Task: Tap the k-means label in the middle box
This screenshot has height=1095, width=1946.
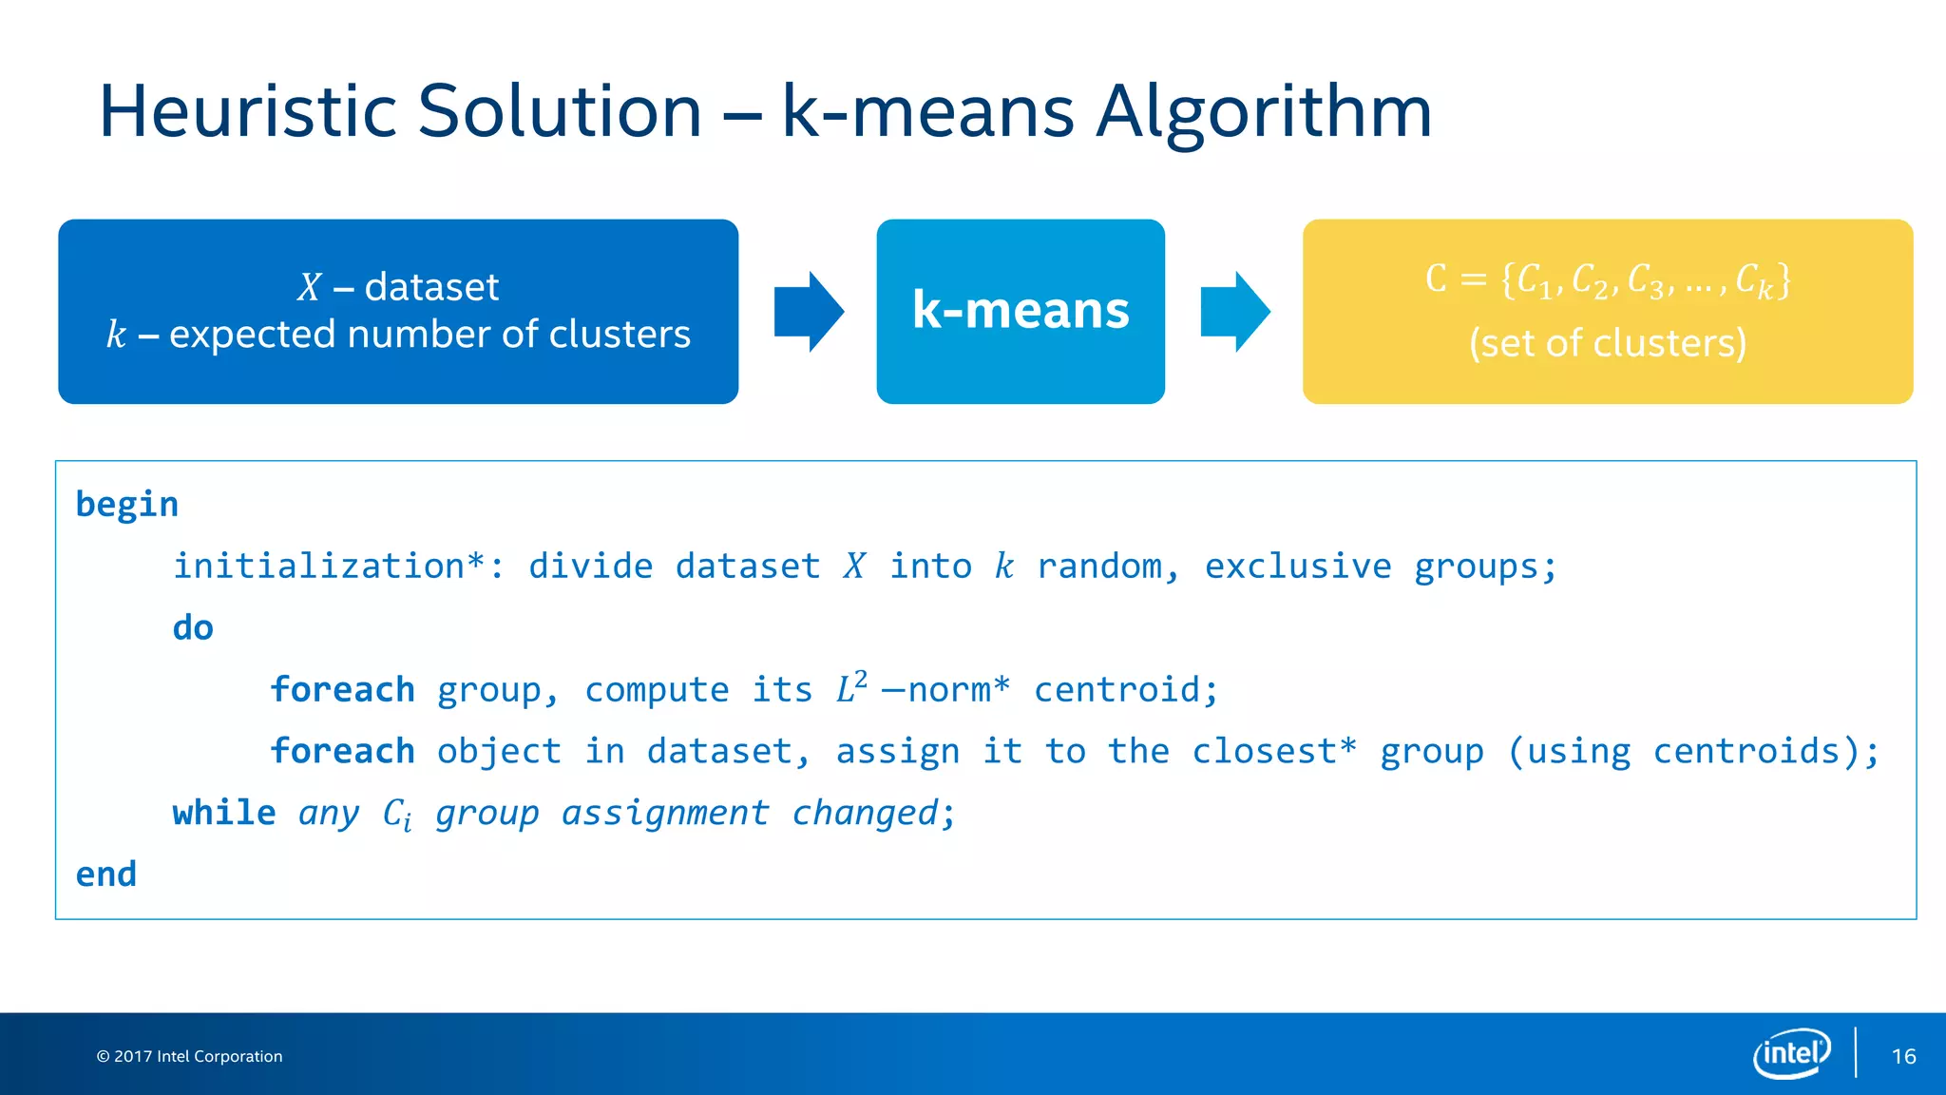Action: click(x=1021, y=311)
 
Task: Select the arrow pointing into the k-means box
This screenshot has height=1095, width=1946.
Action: click(x=808, y=312)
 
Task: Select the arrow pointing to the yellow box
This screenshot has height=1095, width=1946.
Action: click(x=1234, y=312)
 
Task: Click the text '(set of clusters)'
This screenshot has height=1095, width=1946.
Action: click(x=1608, y=343)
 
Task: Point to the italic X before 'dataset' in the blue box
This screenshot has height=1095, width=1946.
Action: click(x=310, y=287)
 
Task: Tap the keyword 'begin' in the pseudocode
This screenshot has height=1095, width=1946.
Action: click(x=127, y=505)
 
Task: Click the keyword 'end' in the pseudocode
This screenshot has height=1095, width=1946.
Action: click(x=106, y=874)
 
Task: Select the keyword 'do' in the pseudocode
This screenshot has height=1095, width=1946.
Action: click(x=193, y=628)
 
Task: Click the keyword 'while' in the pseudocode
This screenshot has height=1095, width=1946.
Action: click(x=224, y=814)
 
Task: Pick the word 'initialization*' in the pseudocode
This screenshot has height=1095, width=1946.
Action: click(x=329, y=567)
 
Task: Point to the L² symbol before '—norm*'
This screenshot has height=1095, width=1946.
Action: click(x=851, y=688)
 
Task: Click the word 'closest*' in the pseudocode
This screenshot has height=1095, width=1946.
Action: click(x=1273, y=752)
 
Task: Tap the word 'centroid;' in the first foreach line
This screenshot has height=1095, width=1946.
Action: click(x=1125, y=690)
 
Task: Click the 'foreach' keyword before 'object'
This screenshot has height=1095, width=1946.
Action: click(x=342, y=752)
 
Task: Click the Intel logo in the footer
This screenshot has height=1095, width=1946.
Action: click(x=1791, y=1053)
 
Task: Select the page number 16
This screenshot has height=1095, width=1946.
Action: click(x=1903, y=1057)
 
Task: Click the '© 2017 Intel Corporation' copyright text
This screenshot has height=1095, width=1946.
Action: click(x=190, y=1057)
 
